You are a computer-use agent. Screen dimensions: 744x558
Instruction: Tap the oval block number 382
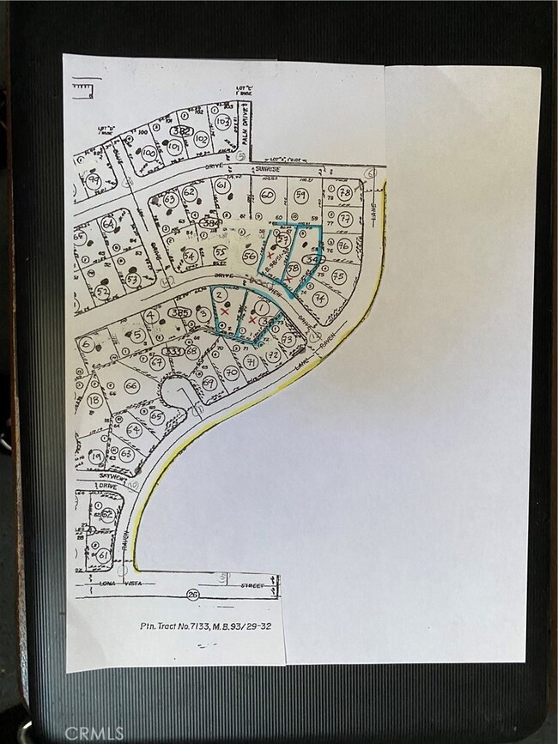(x=180, y=130)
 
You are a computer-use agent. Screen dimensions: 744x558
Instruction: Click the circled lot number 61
(x=221, y=186)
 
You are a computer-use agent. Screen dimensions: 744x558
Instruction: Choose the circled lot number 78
(x=344, y=191)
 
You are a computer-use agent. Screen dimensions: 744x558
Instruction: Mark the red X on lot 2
(x=225, y=314)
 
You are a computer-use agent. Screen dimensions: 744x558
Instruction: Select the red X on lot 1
(x=252, y=319)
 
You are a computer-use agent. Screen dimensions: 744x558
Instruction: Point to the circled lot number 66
(x=131, y=386)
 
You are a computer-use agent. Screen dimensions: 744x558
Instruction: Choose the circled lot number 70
(x=230, y=372)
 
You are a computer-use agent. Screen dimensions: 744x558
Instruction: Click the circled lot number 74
(x=319, y=298)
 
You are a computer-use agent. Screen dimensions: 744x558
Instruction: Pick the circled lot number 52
(x=102, y=293)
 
